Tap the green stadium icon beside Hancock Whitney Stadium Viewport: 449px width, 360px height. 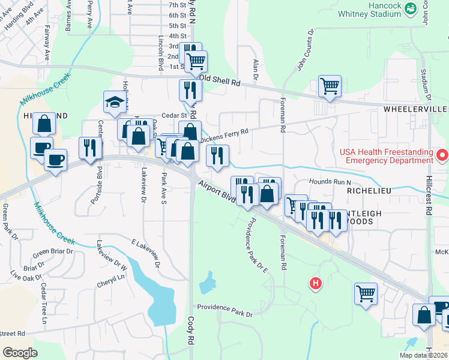pos(411,8)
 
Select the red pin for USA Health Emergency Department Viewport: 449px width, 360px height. pos(442,156)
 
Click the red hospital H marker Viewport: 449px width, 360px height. pos(315,283)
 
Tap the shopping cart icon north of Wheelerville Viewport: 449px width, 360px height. pos(330,86)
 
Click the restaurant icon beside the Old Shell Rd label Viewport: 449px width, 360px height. pos(190,90)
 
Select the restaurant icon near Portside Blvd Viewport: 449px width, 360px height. pos(90,148)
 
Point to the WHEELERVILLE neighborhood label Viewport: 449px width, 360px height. pos(415,109)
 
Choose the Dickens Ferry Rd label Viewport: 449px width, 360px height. pos(224,136)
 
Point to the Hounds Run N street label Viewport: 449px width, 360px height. pos(330,181)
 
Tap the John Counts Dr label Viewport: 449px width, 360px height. pos(305,51)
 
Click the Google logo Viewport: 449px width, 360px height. pos(20,353)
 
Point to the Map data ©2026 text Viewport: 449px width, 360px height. pos(423,355)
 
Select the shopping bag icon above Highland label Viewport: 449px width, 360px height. pos(44,124)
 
